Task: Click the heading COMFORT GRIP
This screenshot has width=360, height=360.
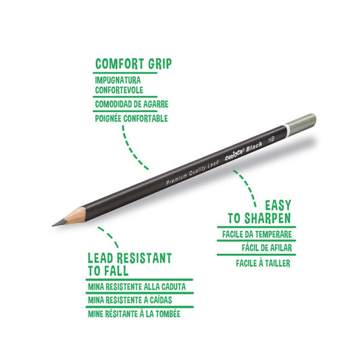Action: click(x=133, y=63)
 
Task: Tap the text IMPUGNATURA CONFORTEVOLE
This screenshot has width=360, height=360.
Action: click(x=119, y=85)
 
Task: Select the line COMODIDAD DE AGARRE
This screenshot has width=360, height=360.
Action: click(x=132, y=104)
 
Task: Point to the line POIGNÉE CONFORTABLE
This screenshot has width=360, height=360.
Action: click(x=131, y=118)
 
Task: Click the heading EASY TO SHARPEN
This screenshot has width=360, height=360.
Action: click(x=259, y=212)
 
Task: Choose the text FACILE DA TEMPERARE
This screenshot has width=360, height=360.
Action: click(x=257, y=234)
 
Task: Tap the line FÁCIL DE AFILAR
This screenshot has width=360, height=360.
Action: click(x=267, y=248)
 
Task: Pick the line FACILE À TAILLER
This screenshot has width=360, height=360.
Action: click(x=263, y=263)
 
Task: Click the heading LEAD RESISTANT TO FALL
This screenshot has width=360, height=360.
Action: click(x=130, y=265)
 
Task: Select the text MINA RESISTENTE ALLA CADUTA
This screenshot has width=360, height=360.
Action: click(x=137, y=287)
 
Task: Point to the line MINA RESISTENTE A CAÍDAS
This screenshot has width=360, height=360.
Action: click(x=130, y=300)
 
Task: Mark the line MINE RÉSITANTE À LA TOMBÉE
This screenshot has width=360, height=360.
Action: click(x=134, y=314)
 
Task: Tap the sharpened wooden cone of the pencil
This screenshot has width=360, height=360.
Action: click(x=74, y=216)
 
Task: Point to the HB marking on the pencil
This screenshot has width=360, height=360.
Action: click(x=272, y=139)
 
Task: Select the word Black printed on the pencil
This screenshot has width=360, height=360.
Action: click(x=254, y=147)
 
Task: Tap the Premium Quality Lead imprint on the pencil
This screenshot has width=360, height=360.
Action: click(x=192, y=173)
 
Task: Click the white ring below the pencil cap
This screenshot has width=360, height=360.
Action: click(x=287, y=130)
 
